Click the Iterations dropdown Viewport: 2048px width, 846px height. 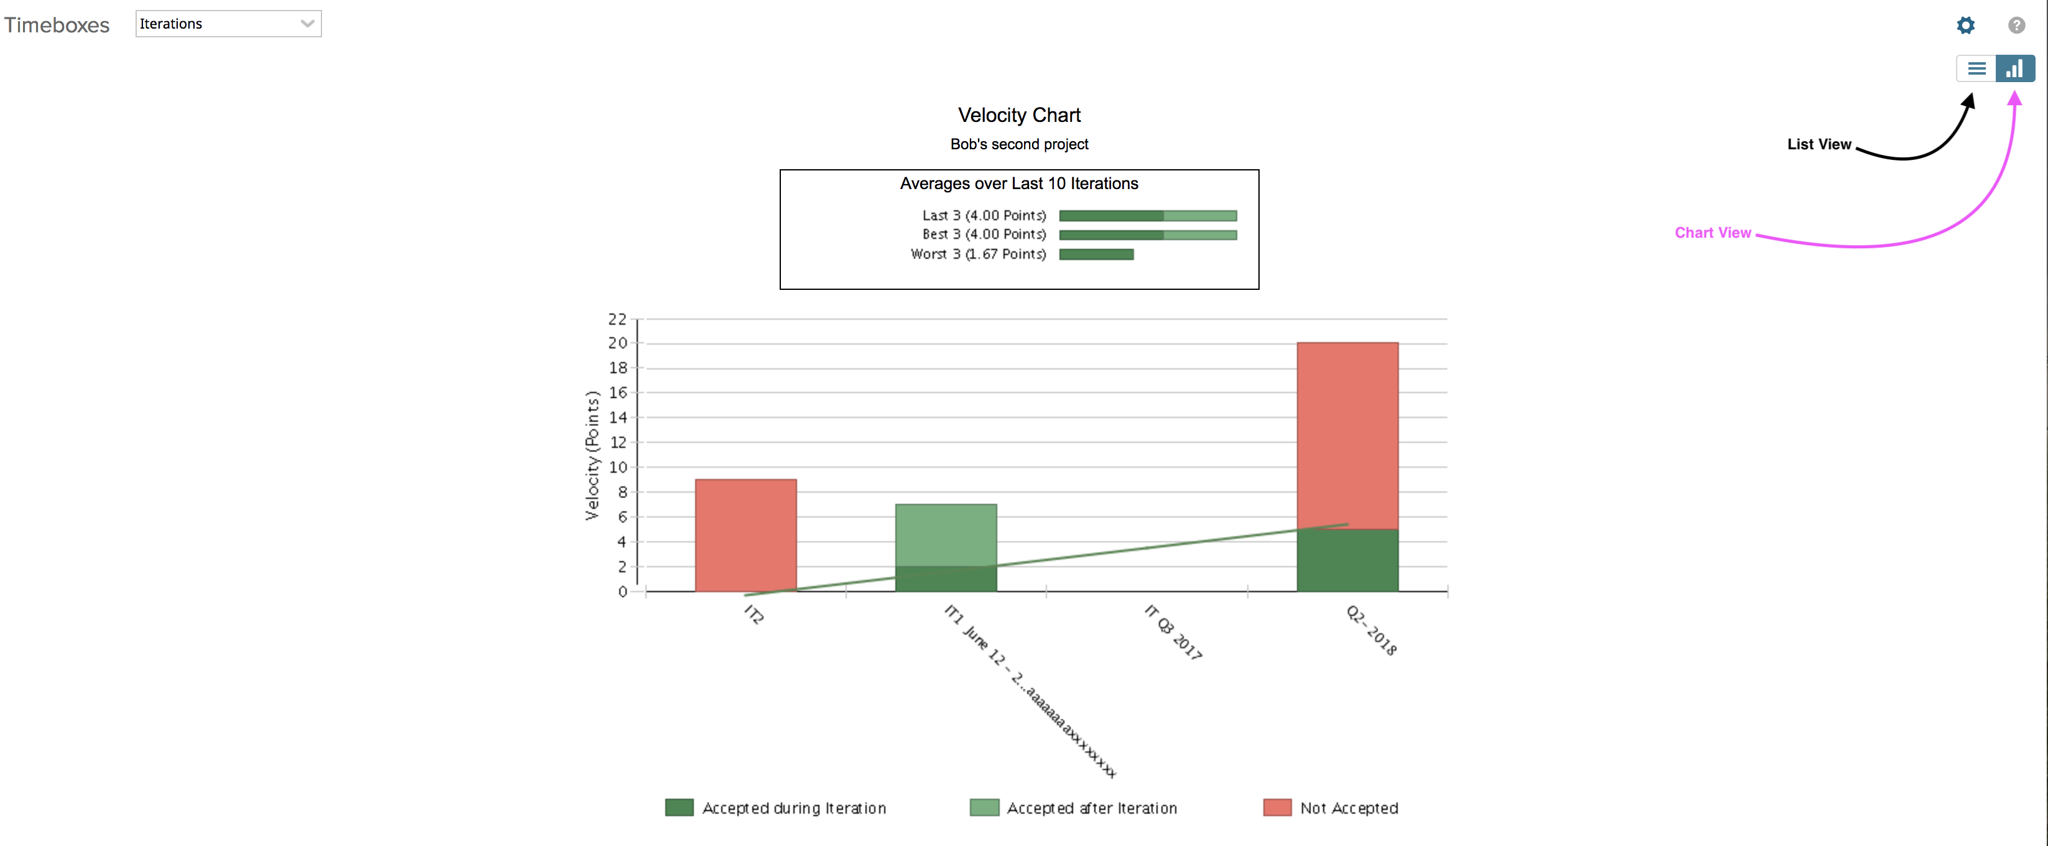click(x=228, y=24)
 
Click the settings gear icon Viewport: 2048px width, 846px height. click(x=1965, y=26)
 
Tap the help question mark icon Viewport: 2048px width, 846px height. click(x=2016, y=26)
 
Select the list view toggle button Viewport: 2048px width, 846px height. click(x=1977, y=69)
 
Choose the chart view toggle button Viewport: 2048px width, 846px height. click(x=2014, y=69)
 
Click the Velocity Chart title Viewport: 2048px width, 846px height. click(x=1018, y=115)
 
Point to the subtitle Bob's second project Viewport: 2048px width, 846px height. click(x=1018, y=144)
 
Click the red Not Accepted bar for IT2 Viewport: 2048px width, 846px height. click(x=745, y=534)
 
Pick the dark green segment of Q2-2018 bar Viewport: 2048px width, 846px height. click(x=1347, y=561)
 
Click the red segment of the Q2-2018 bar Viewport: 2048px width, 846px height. click(x=1347, y=434)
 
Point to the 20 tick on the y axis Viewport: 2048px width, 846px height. click(x=618, y=343)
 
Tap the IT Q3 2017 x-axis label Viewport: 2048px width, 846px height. click(x=1173, y=632)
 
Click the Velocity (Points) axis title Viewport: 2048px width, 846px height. click(x=593, y=455)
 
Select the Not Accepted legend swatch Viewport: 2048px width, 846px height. click(x=1277, y=808)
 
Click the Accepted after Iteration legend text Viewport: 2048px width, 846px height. click(x=1092, y=809)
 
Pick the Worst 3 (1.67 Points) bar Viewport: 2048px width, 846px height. click(x=1096, y=254)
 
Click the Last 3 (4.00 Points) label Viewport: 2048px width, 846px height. click(x=984, y=215)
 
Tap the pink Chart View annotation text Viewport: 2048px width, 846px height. click(x=1712, y=233)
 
